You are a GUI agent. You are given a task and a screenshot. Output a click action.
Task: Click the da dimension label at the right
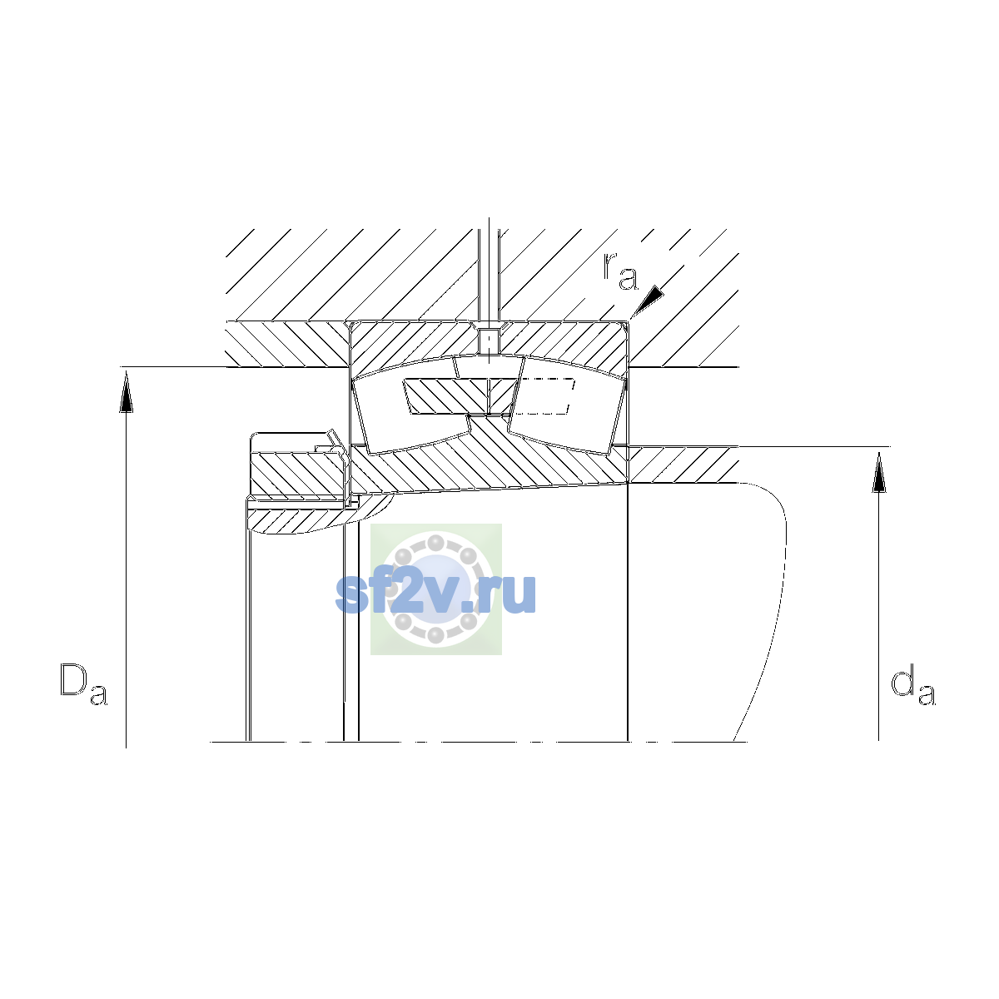tap(913, 687)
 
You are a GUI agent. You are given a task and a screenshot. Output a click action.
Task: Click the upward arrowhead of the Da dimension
tap(126, 393)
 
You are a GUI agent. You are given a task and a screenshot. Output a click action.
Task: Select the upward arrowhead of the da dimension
tap(879, 471)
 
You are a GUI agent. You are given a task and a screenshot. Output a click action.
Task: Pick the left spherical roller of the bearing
tap(410, 405)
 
